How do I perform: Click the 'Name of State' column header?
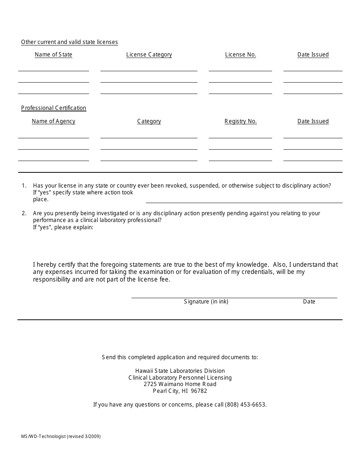tap(53, 55)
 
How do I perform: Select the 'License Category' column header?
tap(149, 55)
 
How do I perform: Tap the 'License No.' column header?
tap(241, 55)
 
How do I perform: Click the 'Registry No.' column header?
tap(241, 121)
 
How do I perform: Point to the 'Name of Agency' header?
tap(53, 121)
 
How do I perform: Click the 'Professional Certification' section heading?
tap(54, 108)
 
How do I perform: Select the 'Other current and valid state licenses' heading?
tap(69, 42)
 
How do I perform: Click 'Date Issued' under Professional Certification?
tap(313, 121)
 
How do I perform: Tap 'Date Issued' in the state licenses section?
tap(313, 55)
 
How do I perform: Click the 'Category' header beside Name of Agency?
tap(149, 121)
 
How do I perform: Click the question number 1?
tap(24, 186)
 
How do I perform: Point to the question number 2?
tap(24, 213)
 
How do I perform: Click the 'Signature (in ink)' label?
tap(206, 302)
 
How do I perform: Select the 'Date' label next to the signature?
tap(309, 302)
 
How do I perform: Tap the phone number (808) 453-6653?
tap(245, 405)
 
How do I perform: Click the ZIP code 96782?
tap(199, 391)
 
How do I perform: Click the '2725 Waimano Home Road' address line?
tap(180, 384)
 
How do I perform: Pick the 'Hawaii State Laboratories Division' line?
tap(180, 371)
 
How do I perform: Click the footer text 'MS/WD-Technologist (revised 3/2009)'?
tap(61, 436)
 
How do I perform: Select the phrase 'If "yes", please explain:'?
tap(63, 227)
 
